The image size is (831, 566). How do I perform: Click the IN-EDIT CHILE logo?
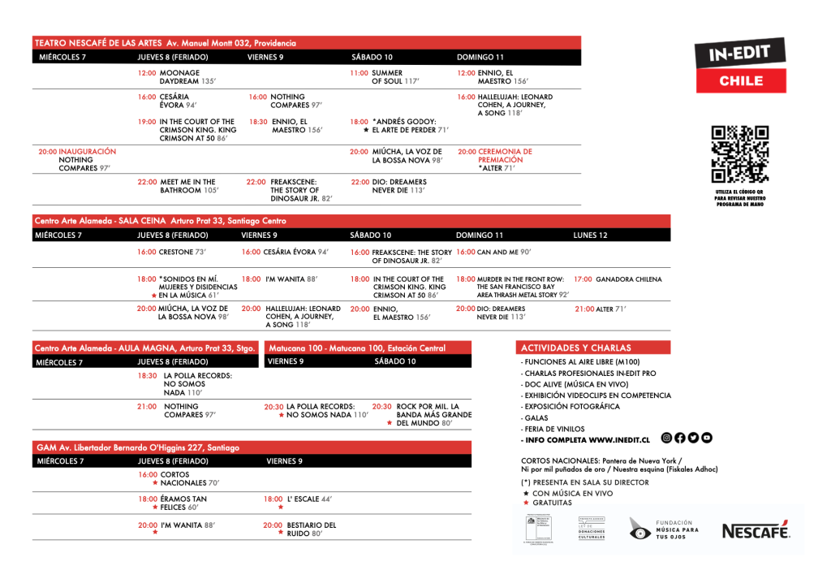coord(741,67)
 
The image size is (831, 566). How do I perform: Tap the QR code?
coord(738,155)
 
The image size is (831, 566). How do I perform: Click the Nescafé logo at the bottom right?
coord(756,530)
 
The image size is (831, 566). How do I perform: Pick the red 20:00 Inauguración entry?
coord(77,160)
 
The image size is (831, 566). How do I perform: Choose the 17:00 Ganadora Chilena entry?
coord(618,279)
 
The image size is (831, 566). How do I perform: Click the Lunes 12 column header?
coord(590,235)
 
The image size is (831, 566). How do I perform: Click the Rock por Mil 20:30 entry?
coord(422,414)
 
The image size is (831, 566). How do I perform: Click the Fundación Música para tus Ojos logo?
coord(665,529)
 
